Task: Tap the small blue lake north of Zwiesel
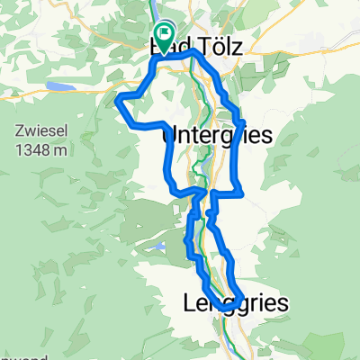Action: point(58,87)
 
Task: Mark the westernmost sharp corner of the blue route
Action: point(118,102)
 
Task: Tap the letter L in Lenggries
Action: point(189,304)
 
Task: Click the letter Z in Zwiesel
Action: point(19,130)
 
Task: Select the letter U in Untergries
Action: point(169,134)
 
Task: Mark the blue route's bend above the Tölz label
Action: point(192,53)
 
